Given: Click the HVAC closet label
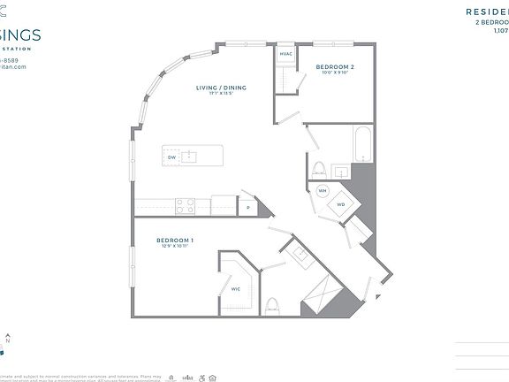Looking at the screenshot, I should [x=285, y=55].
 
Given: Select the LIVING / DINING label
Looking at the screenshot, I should [x=221, y=88].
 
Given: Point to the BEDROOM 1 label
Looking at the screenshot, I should [x=175, y=240].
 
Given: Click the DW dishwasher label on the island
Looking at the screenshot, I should [x=171, y=157].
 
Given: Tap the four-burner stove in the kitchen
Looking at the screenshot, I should [x=186, y=205].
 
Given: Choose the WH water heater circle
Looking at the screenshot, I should [x=323, y=190].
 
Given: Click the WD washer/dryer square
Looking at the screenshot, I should [x=340, y=206].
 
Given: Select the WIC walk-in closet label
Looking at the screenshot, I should [x=236, y=288].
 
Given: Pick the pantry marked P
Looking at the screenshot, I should [x=248, y=207].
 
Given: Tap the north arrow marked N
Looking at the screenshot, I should [x=8, y=340].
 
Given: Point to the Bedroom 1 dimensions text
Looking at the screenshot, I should [x=175, y=247].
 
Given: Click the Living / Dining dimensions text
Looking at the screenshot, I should [x=221, y=94].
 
